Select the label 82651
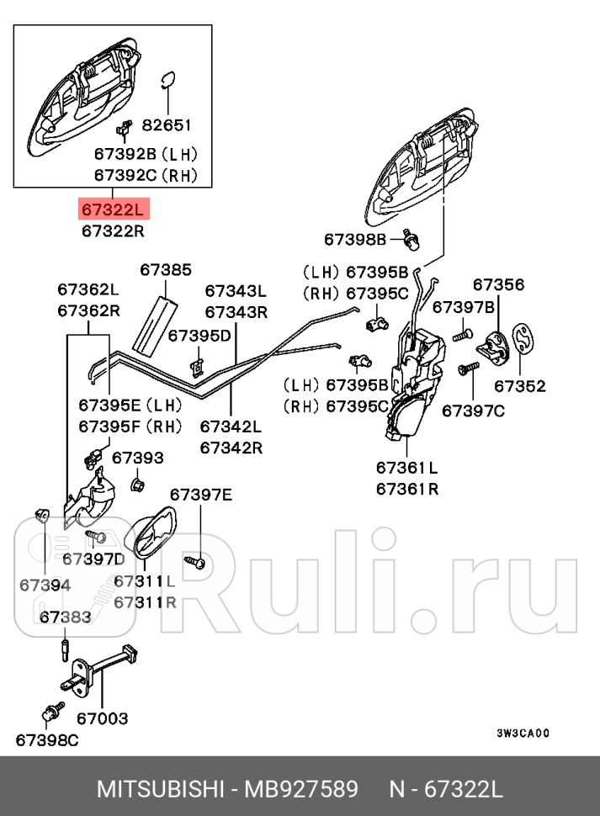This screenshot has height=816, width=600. (167, 125)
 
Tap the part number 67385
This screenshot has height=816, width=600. (165, 270)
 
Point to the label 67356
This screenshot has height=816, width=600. (497, 285)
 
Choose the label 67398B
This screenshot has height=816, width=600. (354, 240)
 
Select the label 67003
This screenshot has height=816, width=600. (102, 718)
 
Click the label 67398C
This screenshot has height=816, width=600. (46, 739)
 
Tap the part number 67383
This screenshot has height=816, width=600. (65, 617)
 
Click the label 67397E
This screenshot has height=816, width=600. (200, 494)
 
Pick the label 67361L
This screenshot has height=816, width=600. (406, 467)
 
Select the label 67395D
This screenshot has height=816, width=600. (199, 336)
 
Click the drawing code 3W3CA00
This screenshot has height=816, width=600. (522, 732)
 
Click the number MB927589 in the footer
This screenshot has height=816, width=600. (301, 790)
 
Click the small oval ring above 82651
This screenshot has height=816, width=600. (167, 78)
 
